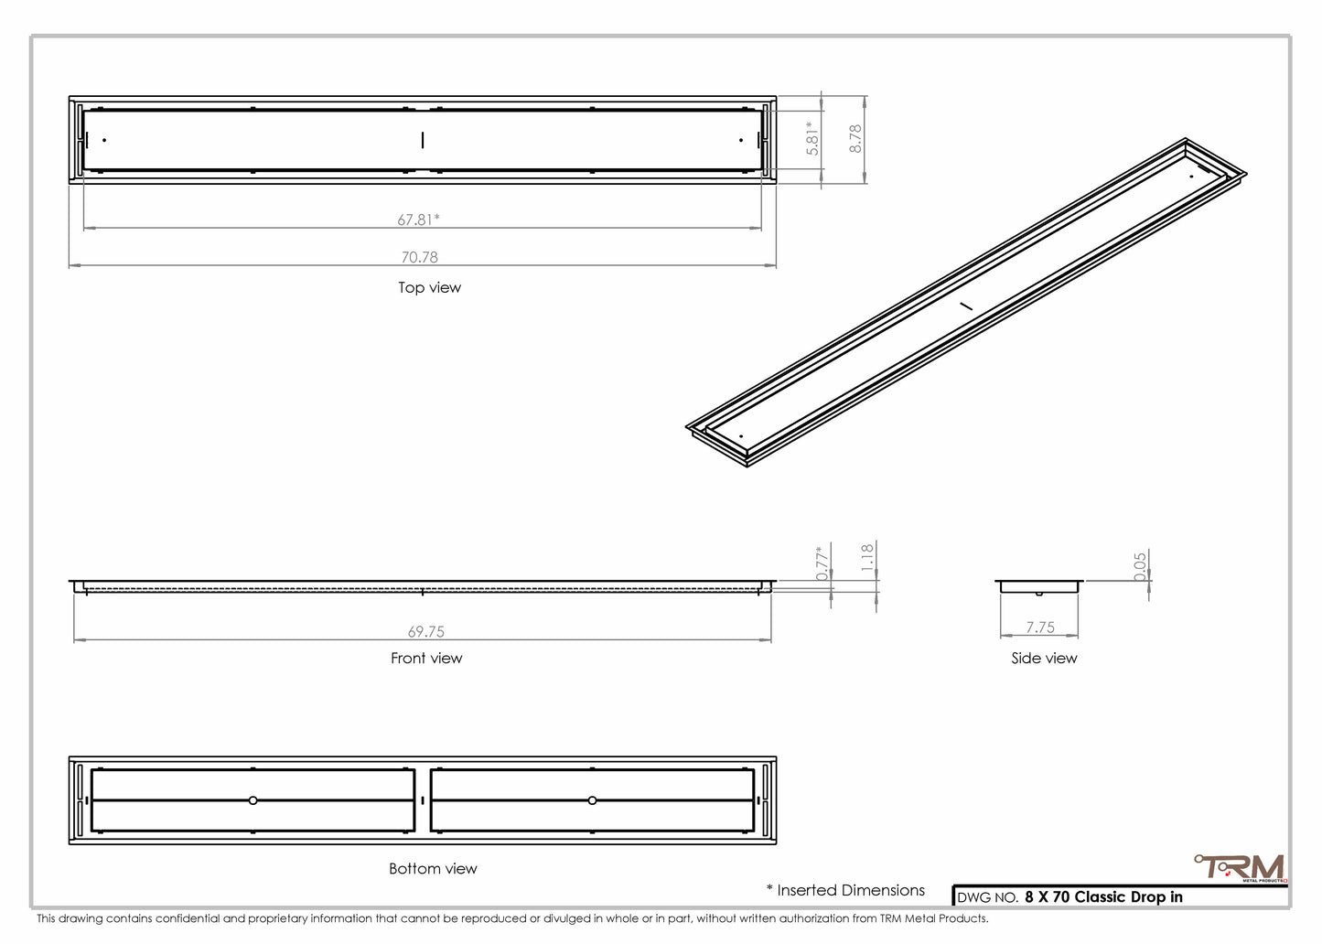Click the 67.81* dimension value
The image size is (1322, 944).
(418, 220)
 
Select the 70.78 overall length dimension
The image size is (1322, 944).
(420, 257)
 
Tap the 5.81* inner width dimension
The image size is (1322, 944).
(813, 139)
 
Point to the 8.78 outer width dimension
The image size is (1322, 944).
(855, 139)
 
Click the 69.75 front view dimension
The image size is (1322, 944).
(426, 631)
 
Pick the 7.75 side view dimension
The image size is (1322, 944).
(1040, 628)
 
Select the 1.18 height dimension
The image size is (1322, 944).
(867, 558)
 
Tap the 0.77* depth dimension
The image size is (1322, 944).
(822, 563)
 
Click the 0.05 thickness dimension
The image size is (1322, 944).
(1140, 566)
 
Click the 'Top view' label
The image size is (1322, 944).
(430, 287)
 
